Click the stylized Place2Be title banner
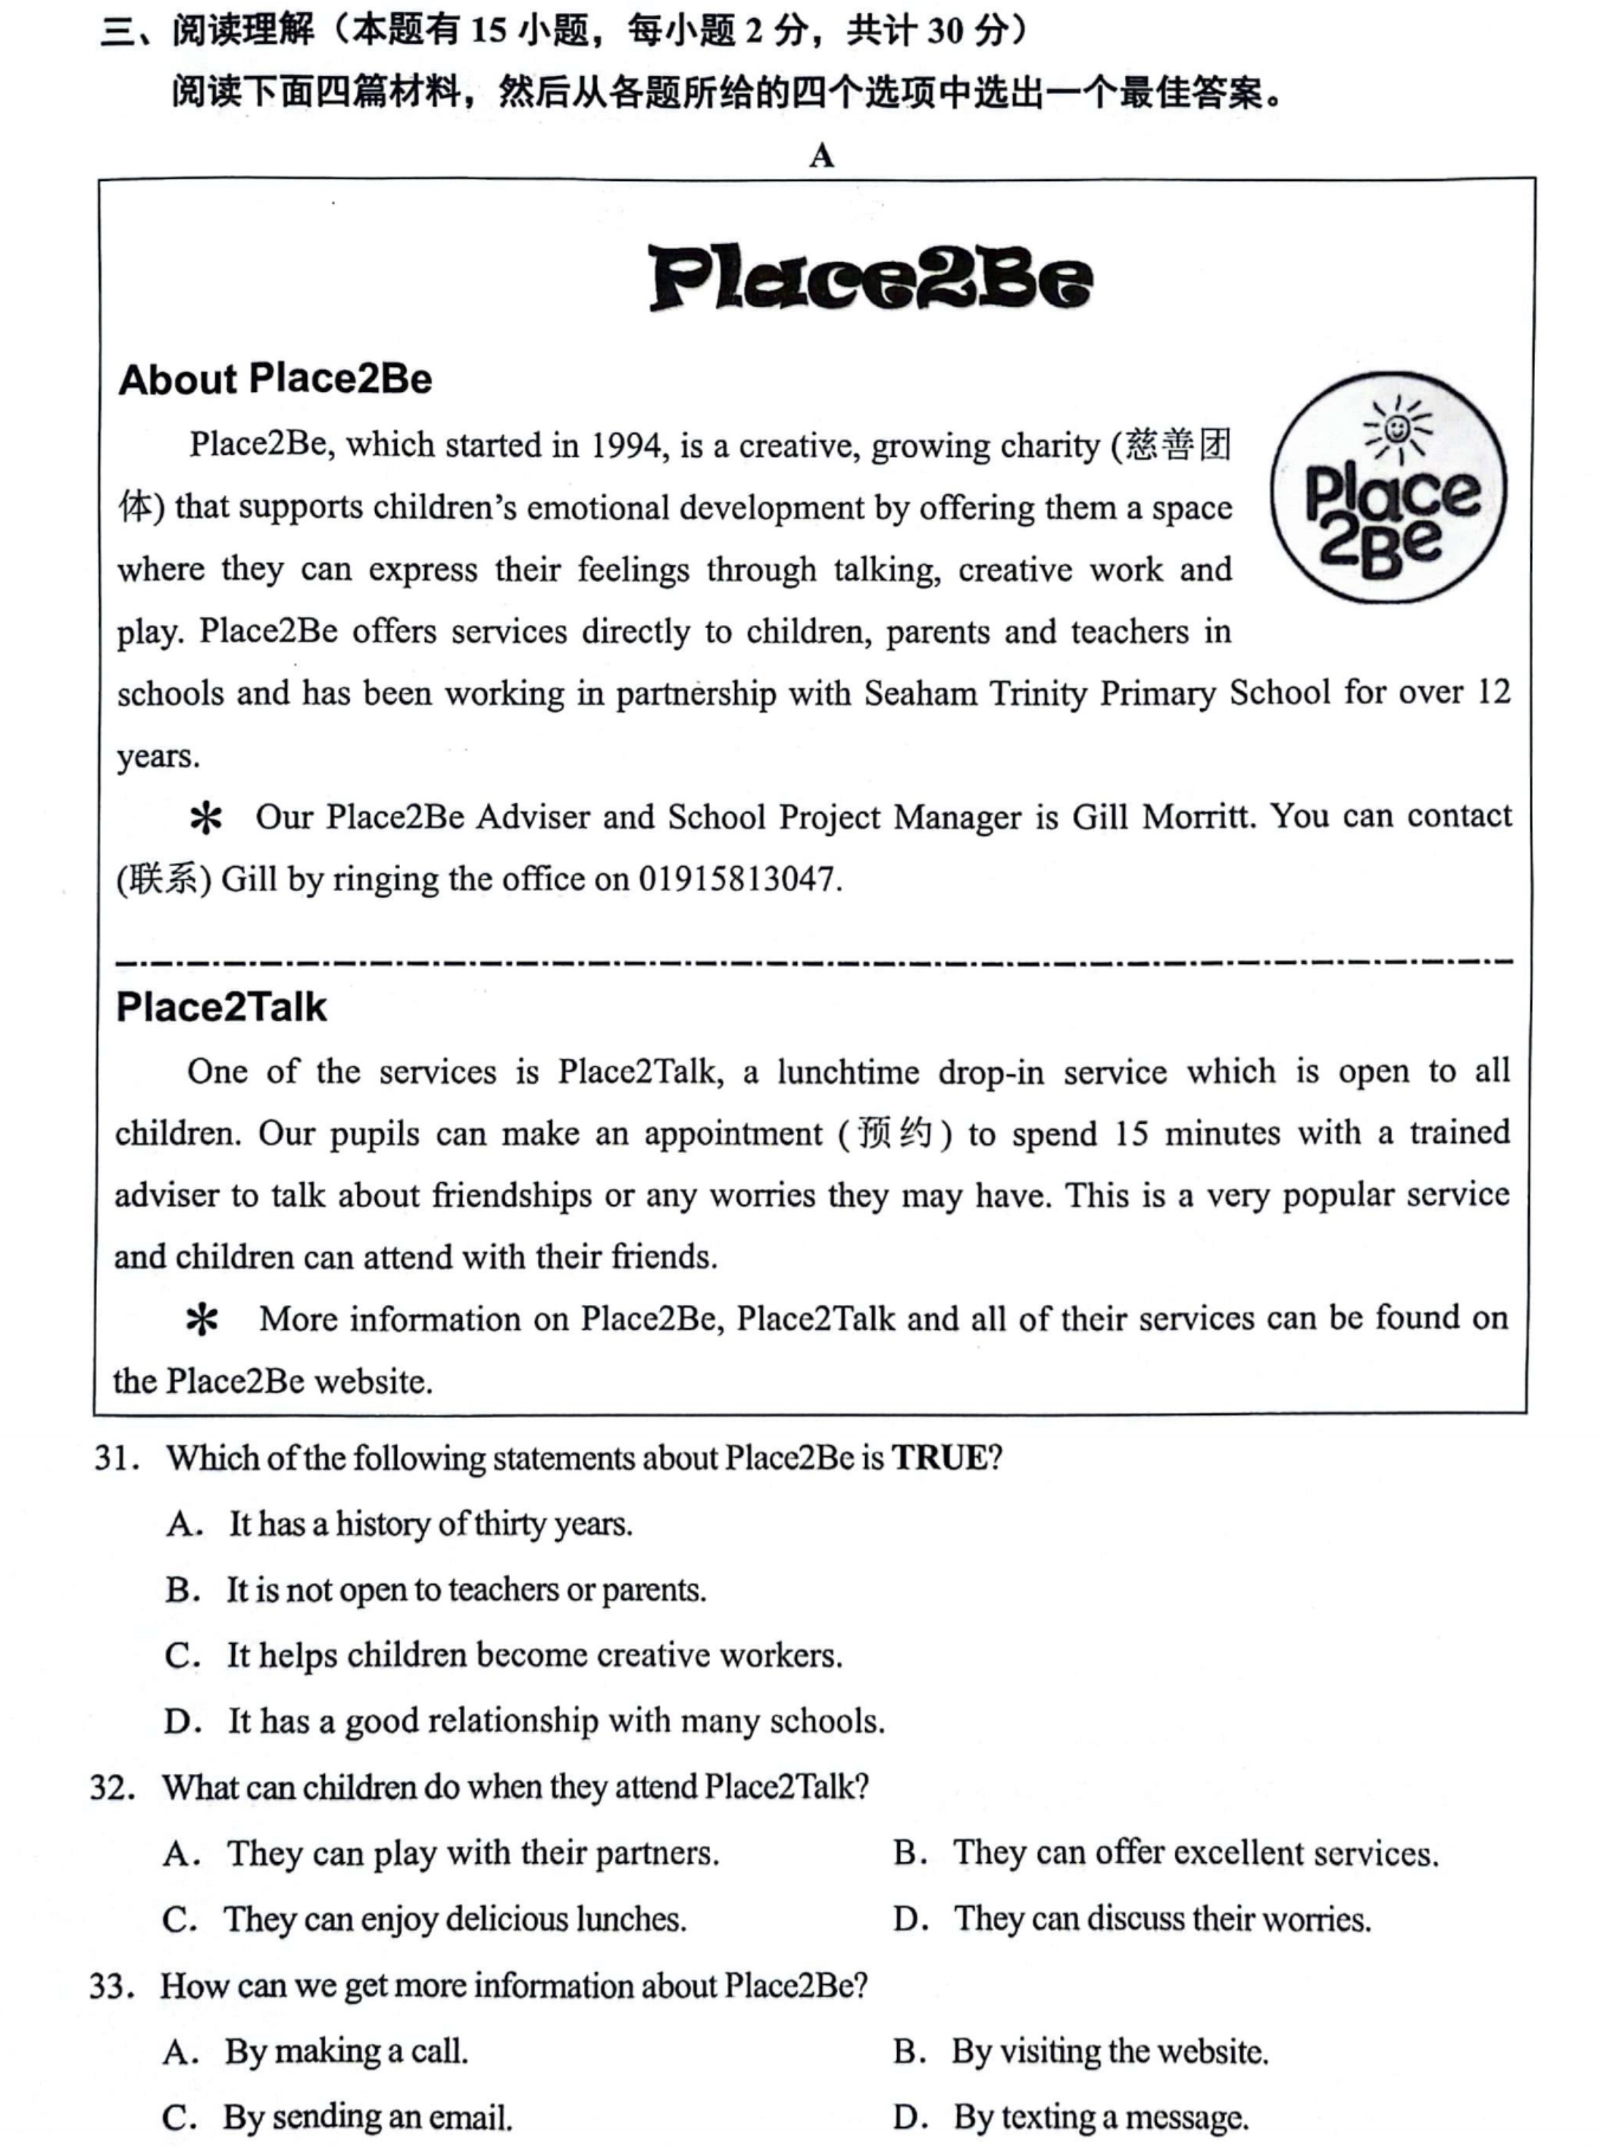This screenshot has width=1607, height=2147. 871,279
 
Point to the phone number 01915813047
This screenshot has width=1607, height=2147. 736,878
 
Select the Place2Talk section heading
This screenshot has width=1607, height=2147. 221,1007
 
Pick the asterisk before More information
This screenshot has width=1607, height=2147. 202,1321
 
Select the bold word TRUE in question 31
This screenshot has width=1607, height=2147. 939,1458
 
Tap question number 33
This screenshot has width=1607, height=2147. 111,1986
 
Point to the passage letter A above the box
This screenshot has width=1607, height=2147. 821,155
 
